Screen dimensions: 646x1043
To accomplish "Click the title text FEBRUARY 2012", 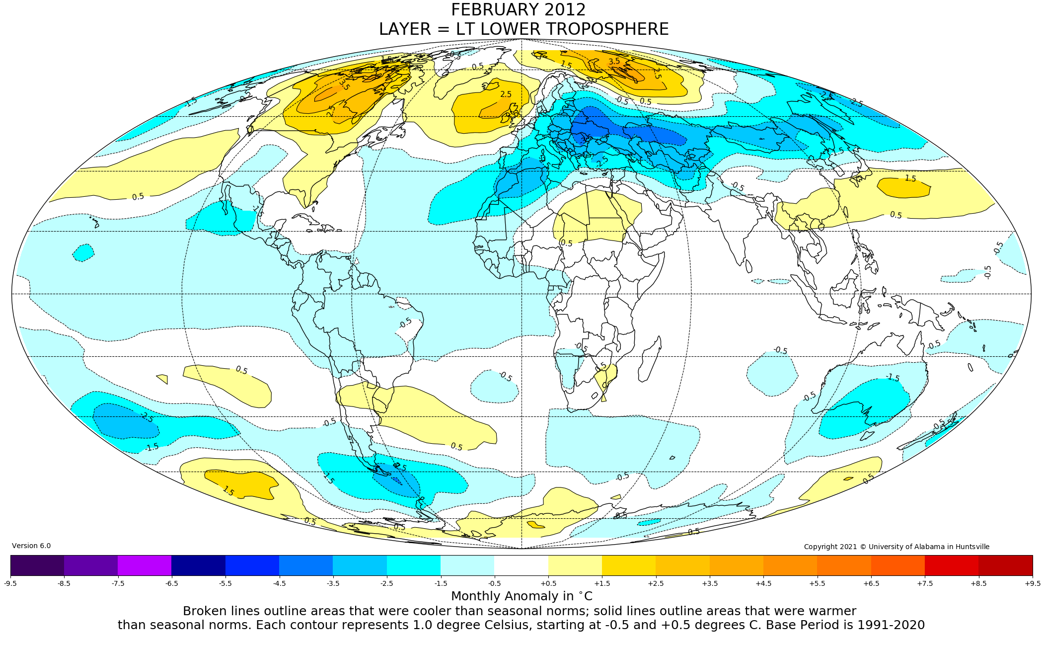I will point(518,10).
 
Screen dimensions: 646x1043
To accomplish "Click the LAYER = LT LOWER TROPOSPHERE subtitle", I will point(523,29).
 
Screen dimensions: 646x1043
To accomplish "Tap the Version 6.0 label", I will point(31,546).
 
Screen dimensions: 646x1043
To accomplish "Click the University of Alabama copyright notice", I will point(896,547).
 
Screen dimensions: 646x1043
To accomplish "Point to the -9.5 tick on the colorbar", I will point(10,583).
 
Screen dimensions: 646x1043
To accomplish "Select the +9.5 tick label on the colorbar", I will point(1032,583).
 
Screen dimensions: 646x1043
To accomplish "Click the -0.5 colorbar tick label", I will point(494,583).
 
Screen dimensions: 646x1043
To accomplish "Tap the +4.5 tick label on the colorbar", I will point(763,583).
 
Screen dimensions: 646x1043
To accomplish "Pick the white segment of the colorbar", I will point(521,565).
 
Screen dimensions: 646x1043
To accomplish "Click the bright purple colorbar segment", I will point(145,565).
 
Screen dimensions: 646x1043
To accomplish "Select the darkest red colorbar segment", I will point(1005,565).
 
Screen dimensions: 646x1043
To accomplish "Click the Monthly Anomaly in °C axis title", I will point(521,596).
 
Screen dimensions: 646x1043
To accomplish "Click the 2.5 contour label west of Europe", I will point(506,94).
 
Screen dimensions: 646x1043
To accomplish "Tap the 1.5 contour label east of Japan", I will point(910,178).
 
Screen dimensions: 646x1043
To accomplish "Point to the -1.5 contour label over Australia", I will point(893,378).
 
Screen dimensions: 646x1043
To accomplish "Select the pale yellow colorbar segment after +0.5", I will point(575,565).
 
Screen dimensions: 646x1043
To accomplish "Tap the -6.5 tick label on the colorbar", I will point(171,583).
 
